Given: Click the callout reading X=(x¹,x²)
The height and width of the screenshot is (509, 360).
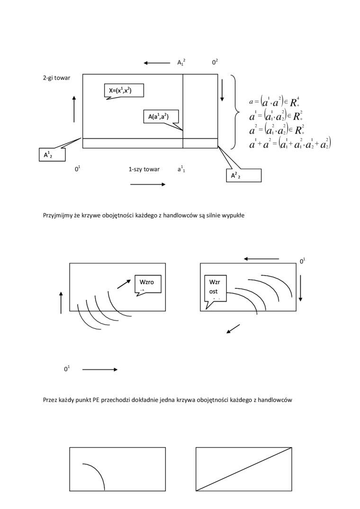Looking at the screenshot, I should click(x=123, y=90).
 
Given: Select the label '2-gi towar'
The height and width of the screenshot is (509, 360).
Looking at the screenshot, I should click(x=56, y=78).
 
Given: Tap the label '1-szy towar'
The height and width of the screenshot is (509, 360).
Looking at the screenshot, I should click(x=144, y=169).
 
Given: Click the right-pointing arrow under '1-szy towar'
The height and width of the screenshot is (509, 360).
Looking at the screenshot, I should click(x=148, y=184).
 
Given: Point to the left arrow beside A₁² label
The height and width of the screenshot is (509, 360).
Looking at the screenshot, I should click(x=157, y=63).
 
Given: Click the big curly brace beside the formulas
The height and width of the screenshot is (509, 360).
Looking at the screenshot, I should click(x=235, y=112).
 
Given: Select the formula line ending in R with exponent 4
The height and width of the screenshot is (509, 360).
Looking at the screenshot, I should click(x=274, y=101).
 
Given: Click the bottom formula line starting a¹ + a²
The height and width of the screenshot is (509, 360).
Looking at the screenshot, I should click(x=289, y=143).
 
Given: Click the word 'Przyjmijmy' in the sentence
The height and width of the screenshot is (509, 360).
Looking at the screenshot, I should click(x=57, y=215).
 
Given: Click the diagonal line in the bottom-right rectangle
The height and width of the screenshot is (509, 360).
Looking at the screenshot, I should click(x=243, y=469).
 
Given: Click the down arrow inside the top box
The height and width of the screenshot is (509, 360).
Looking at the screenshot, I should click(x=222, y=90).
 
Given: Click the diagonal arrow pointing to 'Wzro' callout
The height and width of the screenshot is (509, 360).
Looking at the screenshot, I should click(x=124, y=284).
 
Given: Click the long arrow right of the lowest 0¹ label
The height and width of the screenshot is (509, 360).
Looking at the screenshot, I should click(x=100, y=369).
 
